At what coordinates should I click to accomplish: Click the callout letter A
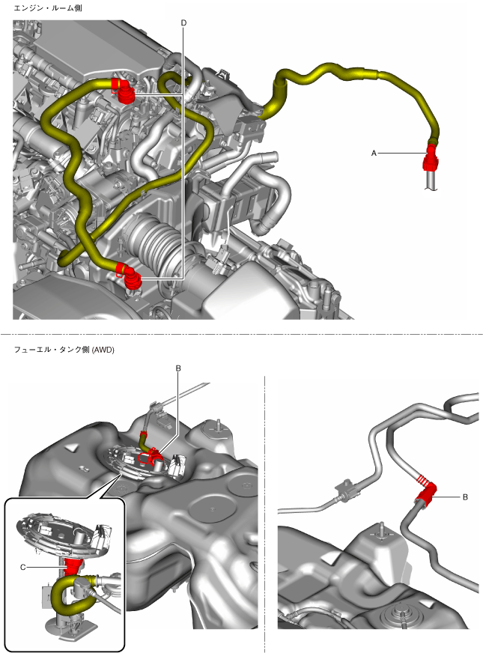pos(374,154)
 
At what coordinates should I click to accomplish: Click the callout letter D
pos(183,23)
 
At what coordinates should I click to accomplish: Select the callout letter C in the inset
pos(23,567)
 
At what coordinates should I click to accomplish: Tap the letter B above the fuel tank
pos(178,368)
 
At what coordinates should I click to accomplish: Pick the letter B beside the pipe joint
pos(465,496)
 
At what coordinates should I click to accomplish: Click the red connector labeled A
pos(430,158)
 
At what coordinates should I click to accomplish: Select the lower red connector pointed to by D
pos(129,276)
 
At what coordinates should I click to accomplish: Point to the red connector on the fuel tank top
pos(151,458)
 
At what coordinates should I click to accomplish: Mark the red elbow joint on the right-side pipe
pos(425,490)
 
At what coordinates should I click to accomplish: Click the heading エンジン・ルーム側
pos(48,8)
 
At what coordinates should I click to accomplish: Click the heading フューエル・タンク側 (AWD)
pos(64,350)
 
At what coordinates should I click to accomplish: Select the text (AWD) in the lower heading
pos(103,350)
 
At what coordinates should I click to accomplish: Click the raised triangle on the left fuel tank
pos(71,448)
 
